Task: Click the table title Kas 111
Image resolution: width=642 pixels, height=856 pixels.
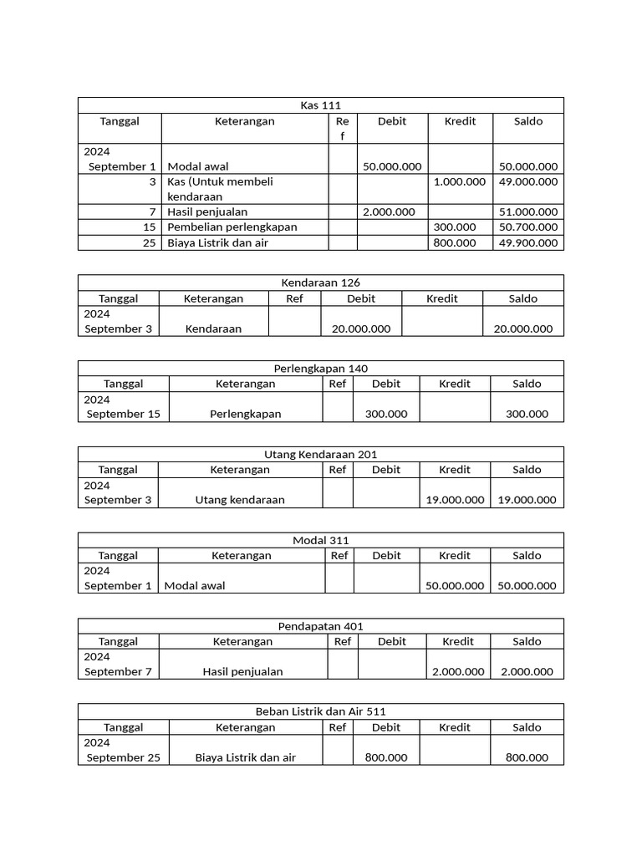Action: coord(320,105)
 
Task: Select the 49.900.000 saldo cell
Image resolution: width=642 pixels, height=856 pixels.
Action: coord(527,243)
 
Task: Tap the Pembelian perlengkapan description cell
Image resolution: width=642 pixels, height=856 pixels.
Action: coord(232,227)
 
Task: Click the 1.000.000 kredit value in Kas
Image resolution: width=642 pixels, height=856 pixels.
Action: coord(459,181)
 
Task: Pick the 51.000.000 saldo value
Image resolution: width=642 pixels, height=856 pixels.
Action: coord(527,212)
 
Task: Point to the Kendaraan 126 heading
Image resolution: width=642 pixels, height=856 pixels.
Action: coord(320,283)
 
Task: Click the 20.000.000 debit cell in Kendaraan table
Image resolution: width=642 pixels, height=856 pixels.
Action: coord(360,329)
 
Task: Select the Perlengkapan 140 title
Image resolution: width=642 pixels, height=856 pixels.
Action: coord(320,369)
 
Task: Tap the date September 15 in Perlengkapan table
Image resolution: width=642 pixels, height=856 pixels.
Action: coord(123,414)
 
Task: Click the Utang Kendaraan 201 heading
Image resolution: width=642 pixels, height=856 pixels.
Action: coord(320,455)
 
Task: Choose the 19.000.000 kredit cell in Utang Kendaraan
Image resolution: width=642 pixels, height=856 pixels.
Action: coord(454,500)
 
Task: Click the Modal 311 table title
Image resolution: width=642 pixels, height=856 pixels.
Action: coord(320,541)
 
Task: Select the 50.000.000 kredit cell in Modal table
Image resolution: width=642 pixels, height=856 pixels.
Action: coord(454,586)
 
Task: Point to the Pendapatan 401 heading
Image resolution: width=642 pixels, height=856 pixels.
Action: coord(320,626)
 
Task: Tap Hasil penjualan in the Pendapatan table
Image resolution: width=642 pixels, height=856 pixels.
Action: coord(242,671)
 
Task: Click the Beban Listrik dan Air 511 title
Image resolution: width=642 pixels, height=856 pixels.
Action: coord(320,712)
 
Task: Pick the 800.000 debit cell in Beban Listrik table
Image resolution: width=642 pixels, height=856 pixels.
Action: coord(385,757)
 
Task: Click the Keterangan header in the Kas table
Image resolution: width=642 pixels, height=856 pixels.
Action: coord(244,121)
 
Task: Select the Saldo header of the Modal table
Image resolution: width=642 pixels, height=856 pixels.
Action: coord(527,555)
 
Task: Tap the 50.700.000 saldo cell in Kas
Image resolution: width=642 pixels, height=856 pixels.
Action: coord(527,227)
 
